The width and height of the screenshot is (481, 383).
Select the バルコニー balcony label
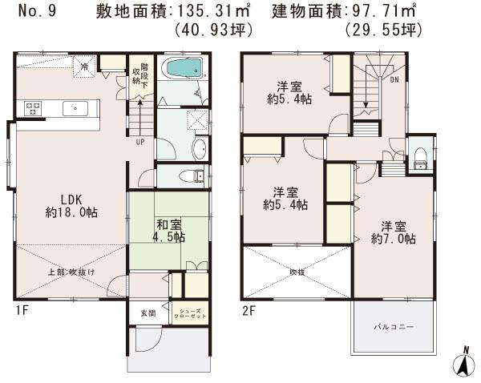click(392, 328)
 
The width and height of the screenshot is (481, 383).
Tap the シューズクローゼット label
click(190, 313)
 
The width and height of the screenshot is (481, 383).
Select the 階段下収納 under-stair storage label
click(140, 74)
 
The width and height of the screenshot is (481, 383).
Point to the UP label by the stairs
click(140, 143)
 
